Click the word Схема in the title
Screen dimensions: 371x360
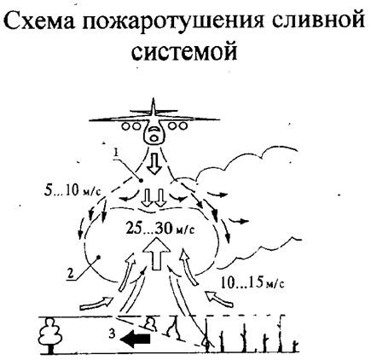pos(40,20)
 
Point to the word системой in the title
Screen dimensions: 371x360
pos(184,51)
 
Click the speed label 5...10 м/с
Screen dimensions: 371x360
pos(72,191)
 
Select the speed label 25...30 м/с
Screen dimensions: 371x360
pos(159,228)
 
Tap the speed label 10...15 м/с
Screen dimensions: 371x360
pos(252,283)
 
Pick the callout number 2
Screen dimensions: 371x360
pos(72,273)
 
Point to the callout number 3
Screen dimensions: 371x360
pos(113,334)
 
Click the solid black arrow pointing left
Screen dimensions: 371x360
pos(135,340)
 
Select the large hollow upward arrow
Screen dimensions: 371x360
pos(157,253)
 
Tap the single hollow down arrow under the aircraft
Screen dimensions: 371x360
pos(155,164)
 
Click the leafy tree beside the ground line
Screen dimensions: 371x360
pos(51,336)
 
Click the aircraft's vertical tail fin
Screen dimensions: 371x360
pos(154,107)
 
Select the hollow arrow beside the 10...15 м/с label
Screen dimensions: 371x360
pos(219,299)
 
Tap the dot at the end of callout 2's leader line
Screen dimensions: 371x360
pos(98,257)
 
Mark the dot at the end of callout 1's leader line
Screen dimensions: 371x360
pos(142,180)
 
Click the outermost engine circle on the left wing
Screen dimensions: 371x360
pos(125,126)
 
